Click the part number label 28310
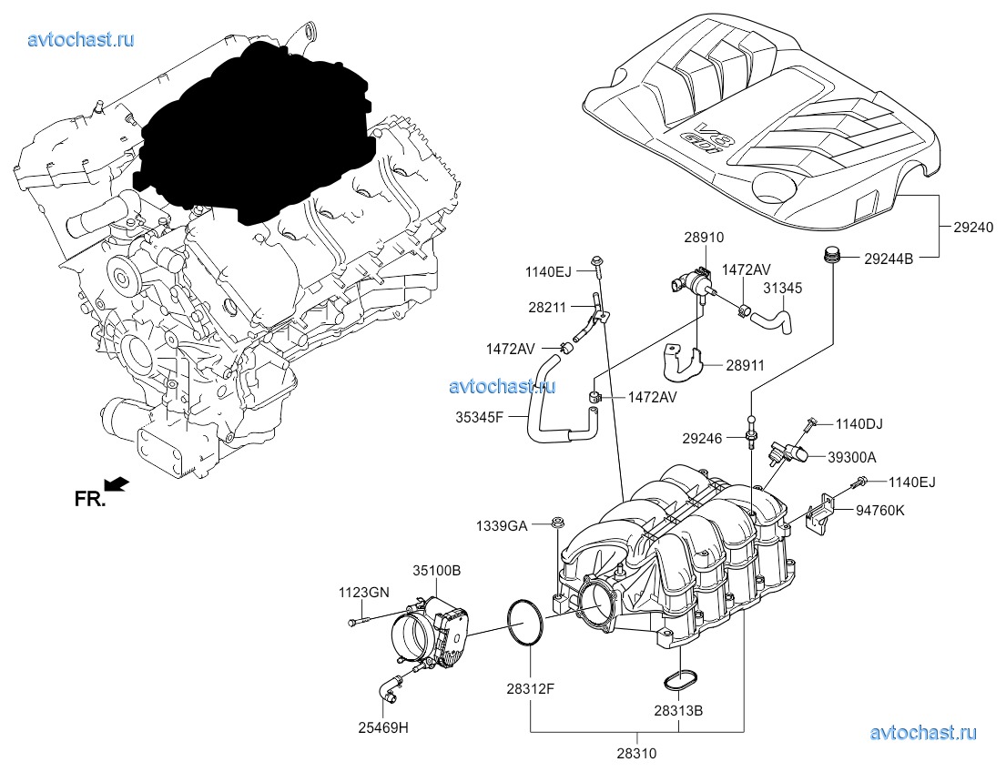click(635, 753)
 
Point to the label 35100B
click(437, 571)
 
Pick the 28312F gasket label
click(531, 688)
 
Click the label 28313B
click(678, 709)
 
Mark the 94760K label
click(880, 512)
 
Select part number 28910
click(704, 238)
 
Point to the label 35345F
click(480, 418)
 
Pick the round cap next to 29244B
click(829, 257)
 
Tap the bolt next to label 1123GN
click(358, 623)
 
